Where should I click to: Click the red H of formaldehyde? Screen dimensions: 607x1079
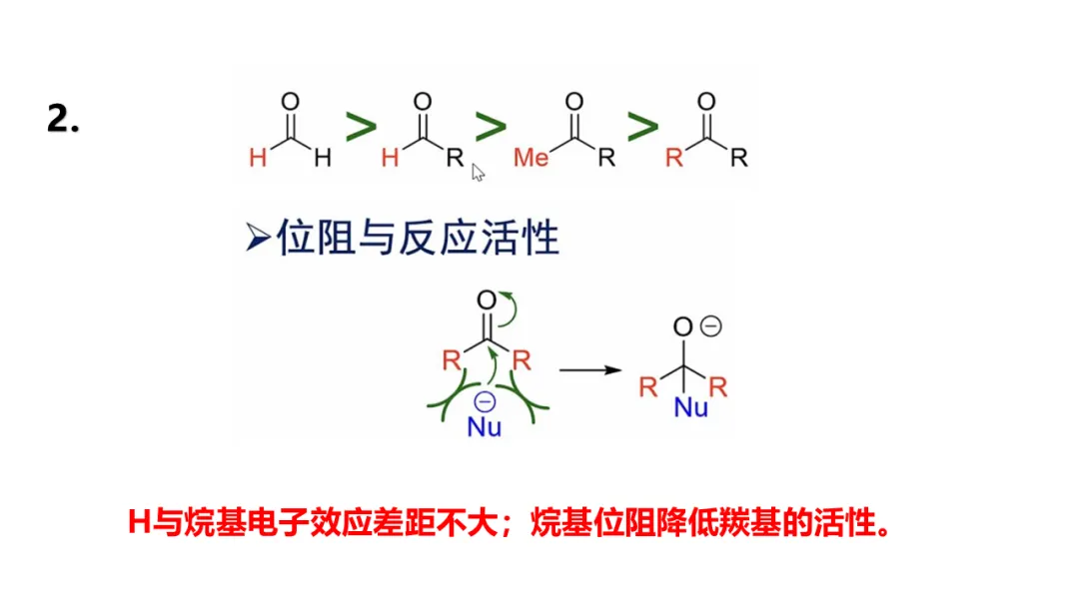point(258,158)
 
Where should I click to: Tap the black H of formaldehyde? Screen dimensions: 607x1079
point(322,158)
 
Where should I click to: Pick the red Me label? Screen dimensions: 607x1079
point(531,158)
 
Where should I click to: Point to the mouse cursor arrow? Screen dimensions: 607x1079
point(478,172)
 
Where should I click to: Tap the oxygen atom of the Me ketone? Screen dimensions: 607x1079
point(573,101)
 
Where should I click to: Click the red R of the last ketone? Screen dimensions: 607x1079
point(674,158)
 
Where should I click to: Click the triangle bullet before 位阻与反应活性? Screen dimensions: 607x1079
point(258,239)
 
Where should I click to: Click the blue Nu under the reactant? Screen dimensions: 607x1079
point(485,428)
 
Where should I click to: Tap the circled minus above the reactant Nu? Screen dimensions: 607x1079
point(485,401)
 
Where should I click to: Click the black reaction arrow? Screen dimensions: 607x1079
point(590,369)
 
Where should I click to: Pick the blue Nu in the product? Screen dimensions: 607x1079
point(690,407)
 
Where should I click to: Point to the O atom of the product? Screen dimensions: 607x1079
point(683,327)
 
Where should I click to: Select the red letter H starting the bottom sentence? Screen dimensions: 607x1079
point(139,521)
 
